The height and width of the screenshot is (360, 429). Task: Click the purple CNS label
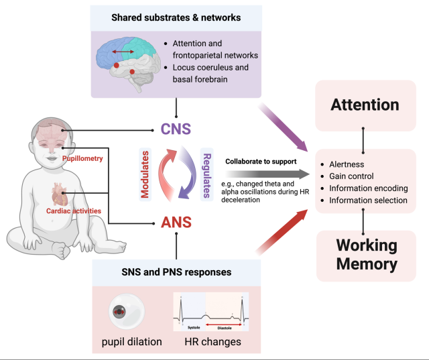click(175, 129)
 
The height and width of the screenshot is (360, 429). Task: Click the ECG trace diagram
click(210, 312)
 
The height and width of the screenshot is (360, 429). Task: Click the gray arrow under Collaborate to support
click(268, 174)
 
